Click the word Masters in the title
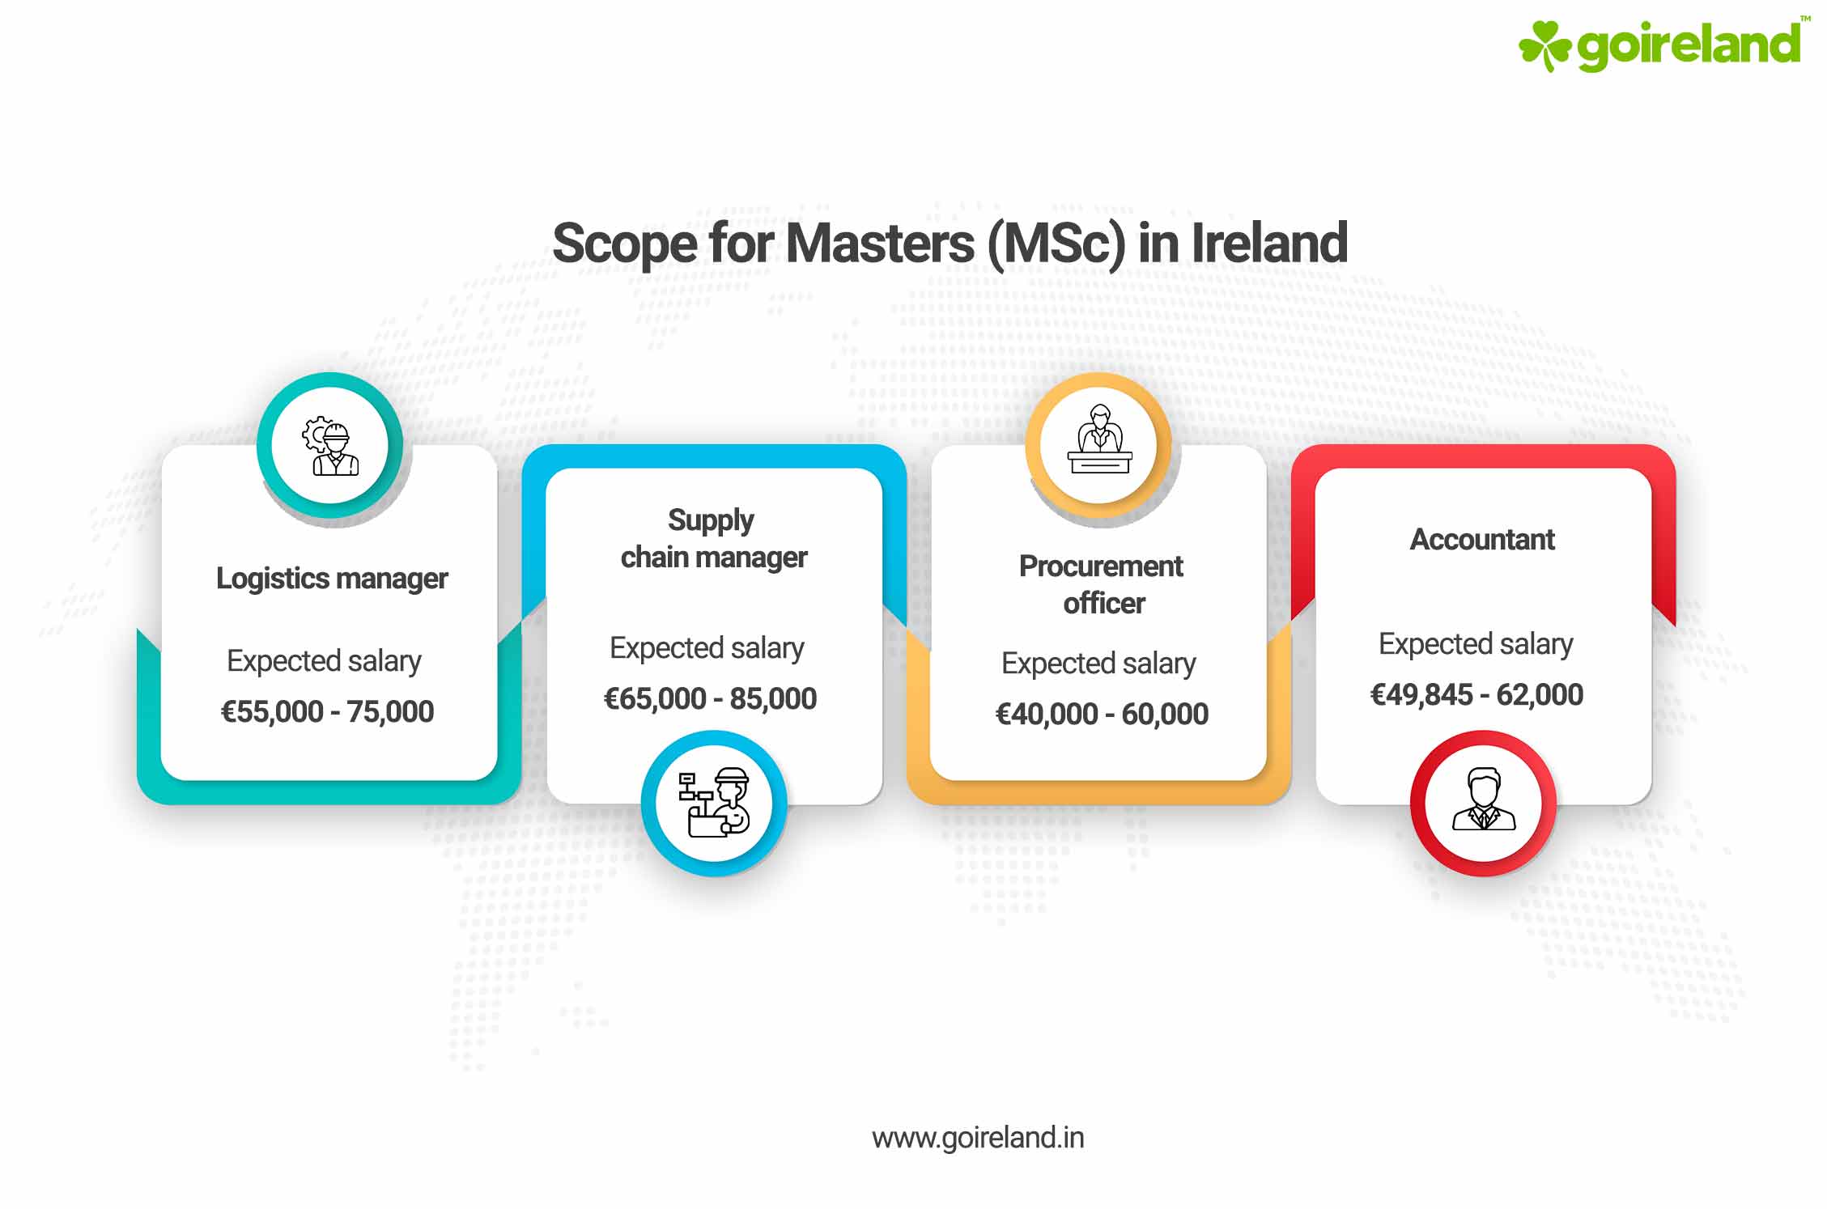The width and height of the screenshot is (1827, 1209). pyautogui.click(x=880, y=243)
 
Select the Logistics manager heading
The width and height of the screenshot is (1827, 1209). pyautogui.click(x=331, y=579)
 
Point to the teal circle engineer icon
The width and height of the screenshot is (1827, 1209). pyautogui.click(x=330, y=445)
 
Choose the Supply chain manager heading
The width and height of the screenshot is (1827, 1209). pyautogui.click(x=713, y=539)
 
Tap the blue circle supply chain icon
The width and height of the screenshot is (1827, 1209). pyautogui.click(x=714, y=803)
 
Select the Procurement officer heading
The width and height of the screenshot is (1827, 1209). pyautogui.click(x=1101, y=584)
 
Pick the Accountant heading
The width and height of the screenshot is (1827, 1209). pyautogui.click(x=1482, y=540)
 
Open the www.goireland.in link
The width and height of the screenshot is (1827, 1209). pyautogui.click(x=977, y=1138)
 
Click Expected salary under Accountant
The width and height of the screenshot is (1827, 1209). pyautogui.click(x=1476, y=644)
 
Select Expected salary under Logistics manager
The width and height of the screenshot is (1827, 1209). pyautogui.click(x=324, y=661)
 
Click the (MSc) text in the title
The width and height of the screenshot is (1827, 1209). pyautogui.click(x=1056, y=243)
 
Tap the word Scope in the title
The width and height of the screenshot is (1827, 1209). pyautogui.click(x=624, y=243)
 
